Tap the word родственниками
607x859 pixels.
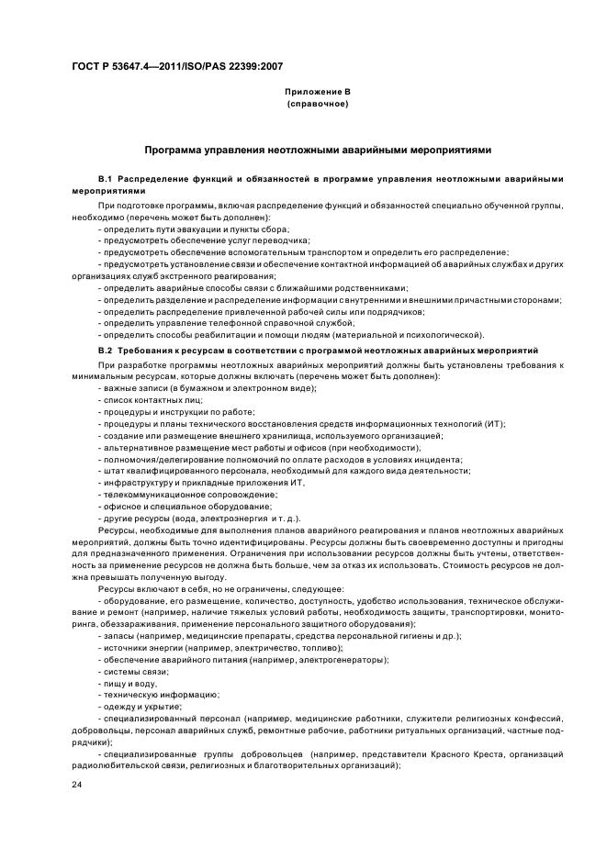tap(365, 287)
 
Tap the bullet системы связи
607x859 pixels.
tap(136, 671)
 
